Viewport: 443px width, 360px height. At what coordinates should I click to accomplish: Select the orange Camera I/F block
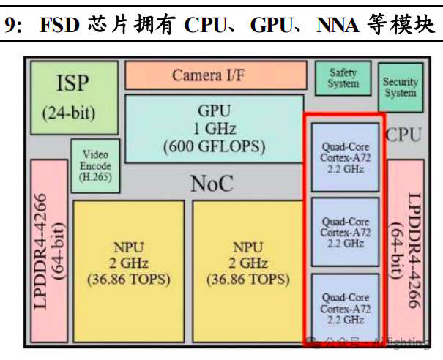[215, 75]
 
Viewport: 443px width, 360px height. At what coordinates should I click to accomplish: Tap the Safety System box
[343, 78]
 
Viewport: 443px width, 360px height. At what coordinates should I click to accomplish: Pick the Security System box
[400, 87]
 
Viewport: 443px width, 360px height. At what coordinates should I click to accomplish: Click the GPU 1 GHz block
[214, 129]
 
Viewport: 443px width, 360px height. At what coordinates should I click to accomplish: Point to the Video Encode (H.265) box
[95, 166]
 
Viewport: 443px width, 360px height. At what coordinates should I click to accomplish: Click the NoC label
[212, 184]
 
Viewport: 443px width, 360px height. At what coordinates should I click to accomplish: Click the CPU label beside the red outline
[405, 134]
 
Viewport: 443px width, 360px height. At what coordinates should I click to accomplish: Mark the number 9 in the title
[9, 26]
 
